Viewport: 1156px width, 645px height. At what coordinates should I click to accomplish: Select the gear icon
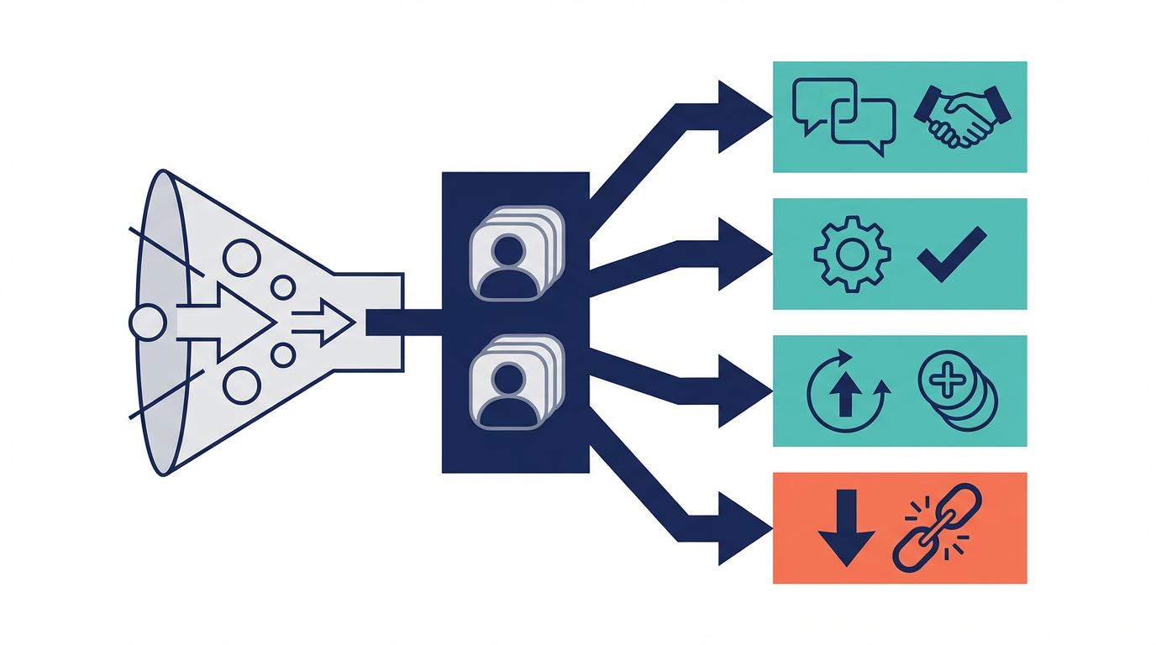click(852, 254)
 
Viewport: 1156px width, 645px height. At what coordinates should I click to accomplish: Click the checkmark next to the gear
click(952, 253)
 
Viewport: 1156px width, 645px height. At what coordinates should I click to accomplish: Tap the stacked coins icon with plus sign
click(958, 390)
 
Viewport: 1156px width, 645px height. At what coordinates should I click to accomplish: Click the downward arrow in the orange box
click(846, 527)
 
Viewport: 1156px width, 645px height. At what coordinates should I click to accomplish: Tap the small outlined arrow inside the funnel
click(328, 322)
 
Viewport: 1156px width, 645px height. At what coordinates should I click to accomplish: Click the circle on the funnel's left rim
click(148, 322)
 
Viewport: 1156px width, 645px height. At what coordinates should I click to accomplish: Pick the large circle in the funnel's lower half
click(241, 384)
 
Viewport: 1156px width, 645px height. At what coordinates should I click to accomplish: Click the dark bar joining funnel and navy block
click(403, 322)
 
